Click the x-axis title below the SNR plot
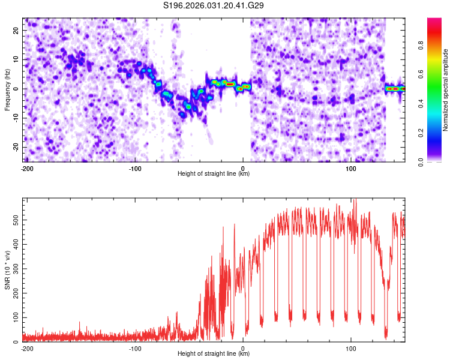tap(214, 355)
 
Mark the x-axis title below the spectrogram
tap(214, 174)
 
